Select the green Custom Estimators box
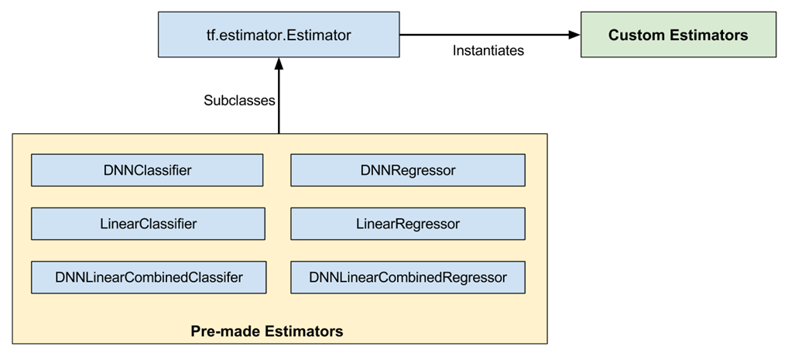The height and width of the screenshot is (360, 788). pyautogui.click(x=678, y=35)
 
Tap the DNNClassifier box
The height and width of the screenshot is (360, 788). pyautogui.click(x=147, y=170)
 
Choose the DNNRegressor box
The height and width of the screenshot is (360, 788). pyautogui.click(x=407, y=170)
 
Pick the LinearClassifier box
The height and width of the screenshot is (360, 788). pyautogui.click(x=148, y=224)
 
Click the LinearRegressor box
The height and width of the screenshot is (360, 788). pyautogui.click(x=407, y=224)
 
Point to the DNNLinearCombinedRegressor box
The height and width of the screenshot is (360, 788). pyautogui.click(x=407, y=277)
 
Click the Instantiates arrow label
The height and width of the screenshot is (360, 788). pyautogui.click(x=488, y=51)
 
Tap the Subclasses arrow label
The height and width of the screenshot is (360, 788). pyautogui.click(x=239, y=101)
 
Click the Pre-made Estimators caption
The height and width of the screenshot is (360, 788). pyautogui.click(x=266, y=331)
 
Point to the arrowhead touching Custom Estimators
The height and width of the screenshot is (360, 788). pyautogui.click(x=574, y=35)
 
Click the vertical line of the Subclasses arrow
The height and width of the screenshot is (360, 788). pyautogui.click(x=278, y=105)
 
